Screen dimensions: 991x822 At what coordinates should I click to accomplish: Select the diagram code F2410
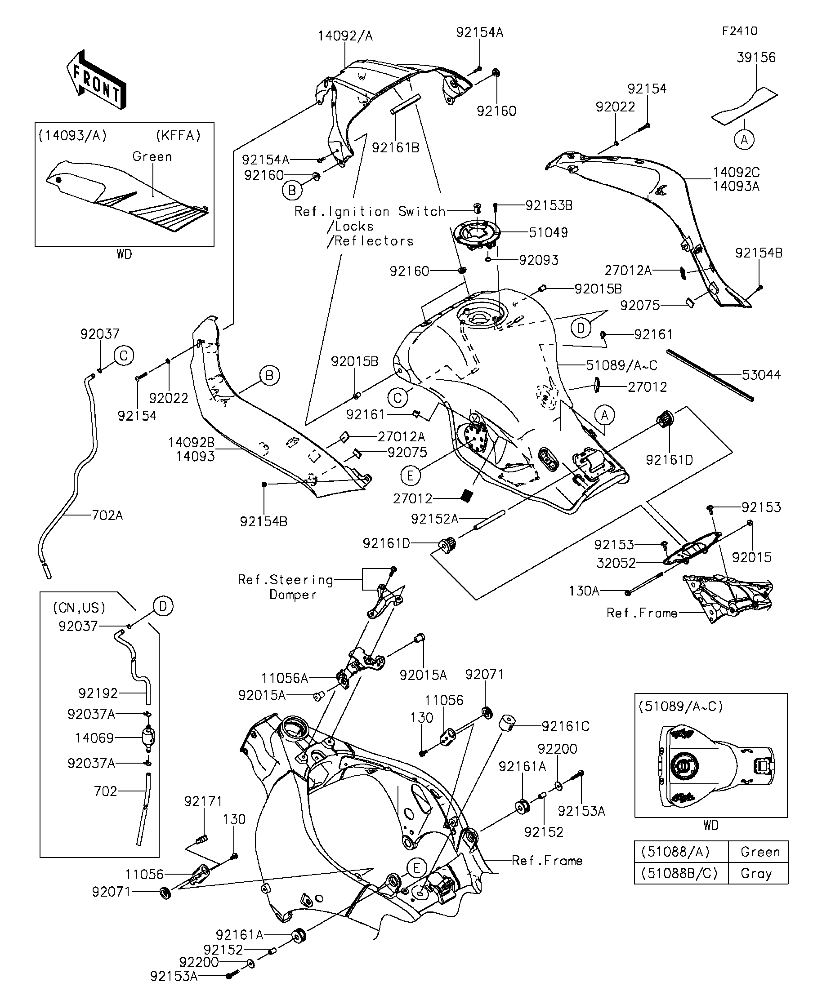[x=739, y=31]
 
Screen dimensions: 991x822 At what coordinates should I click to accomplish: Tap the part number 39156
[x=756, y=58]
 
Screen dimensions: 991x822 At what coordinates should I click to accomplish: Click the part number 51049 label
[x=548, y=233]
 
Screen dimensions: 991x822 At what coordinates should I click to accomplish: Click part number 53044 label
[x=761, y=375]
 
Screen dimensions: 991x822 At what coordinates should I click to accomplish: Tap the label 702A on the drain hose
[x=107, y=515]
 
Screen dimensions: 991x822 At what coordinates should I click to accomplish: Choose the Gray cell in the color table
[x=756, y=874]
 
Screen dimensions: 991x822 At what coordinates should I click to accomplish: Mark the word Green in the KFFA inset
[x=152, y=157]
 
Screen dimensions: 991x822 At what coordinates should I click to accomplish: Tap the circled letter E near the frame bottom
[x=416, y=868]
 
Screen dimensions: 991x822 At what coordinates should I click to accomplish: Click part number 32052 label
[x=616, y=563]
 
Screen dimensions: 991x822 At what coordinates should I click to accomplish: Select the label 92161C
[x=565, y=726]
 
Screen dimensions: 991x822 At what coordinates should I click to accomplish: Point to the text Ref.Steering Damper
[x=285, y=587]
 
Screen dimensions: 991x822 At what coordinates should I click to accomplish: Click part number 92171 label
[x=203, y=801]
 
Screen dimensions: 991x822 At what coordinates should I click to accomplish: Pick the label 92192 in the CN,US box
[x=98, y=693]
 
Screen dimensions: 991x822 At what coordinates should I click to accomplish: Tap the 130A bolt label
[x=584, y=591]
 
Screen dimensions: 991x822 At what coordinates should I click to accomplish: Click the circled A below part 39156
[x=744, y=140]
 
